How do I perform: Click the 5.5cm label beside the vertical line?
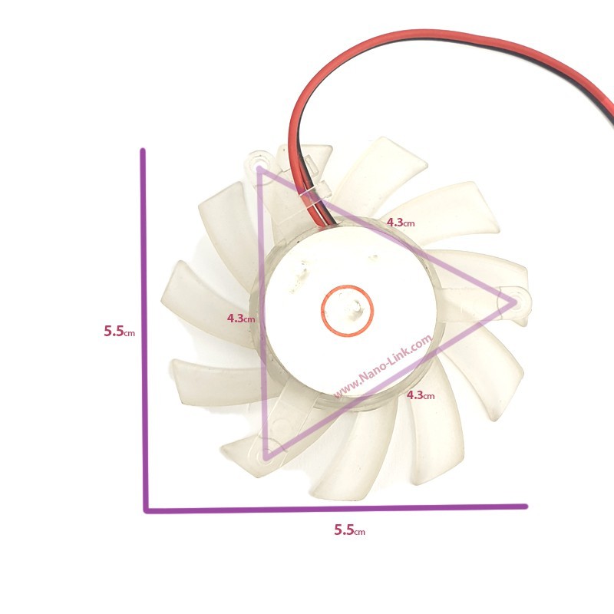pos(120,332)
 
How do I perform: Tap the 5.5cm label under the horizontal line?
pos(349,530)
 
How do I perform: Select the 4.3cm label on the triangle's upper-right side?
pos(400,223)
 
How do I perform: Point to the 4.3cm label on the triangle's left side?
pos(241,319)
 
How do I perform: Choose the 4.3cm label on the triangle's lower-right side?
pos(421,395)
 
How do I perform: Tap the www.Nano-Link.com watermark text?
pos(383,366)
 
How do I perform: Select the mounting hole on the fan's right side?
pos(516,302)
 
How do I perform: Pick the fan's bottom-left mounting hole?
pos(267,455)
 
